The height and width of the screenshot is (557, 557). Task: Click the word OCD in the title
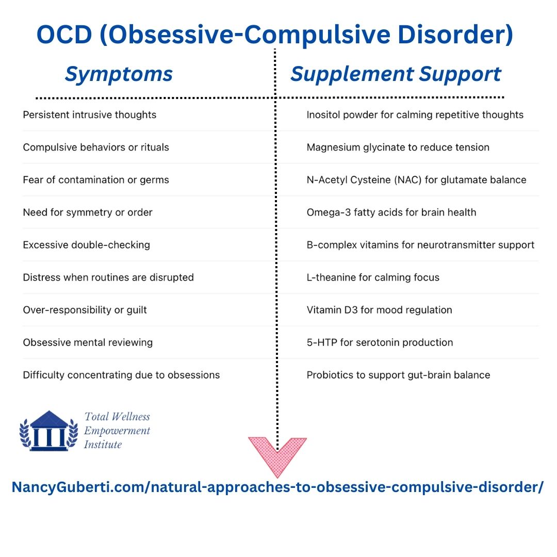tap(64, 35)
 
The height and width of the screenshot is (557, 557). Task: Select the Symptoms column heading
tap(119, 75)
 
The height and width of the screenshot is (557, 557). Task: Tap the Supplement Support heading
tap(396, 75)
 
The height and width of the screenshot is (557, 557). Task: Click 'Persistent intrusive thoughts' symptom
tap(90, 115)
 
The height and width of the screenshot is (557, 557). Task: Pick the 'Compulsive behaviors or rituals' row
tap(96, 148)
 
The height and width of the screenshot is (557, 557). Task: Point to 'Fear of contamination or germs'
tap(96, 180)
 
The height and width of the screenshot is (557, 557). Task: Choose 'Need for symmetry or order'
tap(88, 212)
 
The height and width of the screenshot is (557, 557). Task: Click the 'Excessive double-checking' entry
tap(86, 245)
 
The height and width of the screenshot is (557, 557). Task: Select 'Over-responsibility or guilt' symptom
tap(85, 310)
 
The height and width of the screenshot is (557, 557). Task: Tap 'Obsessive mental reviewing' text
tap(88, 342)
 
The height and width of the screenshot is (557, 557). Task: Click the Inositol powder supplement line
tap(415, 115)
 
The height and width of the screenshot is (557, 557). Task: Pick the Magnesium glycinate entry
tap(398, 148)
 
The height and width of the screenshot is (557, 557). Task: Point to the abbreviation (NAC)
tap(407, 180)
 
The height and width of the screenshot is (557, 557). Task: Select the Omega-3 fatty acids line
tap(391, 212)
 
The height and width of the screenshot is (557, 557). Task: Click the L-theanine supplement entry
tap(373, 277)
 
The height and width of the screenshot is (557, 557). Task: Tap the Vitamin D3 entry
tap(380, 310)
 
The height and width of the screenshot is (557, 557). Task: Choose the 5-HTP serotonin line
tap(380, 342)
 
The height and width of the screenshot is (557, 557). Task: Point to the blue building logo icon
tap(48, 431)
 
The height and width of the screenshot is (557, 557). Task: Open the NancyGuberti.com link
tap(277, 487)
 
